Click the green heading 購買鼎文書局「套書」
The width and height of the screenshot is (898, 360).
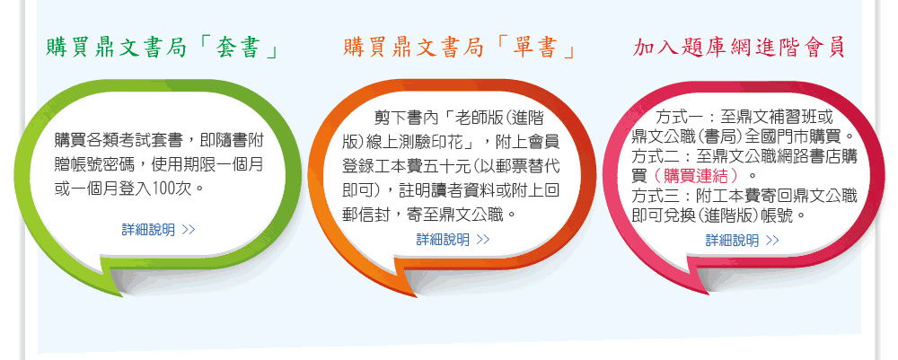163,48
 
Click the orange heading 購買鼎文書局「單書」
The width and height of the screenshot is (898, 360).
459,48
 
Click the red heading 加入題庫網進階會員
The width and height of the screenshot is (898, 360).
739,48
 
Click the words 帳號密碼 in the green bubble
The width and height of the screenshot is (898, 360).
103,163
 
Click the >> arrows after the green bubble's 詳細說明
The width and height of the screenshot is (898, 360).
189,230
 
